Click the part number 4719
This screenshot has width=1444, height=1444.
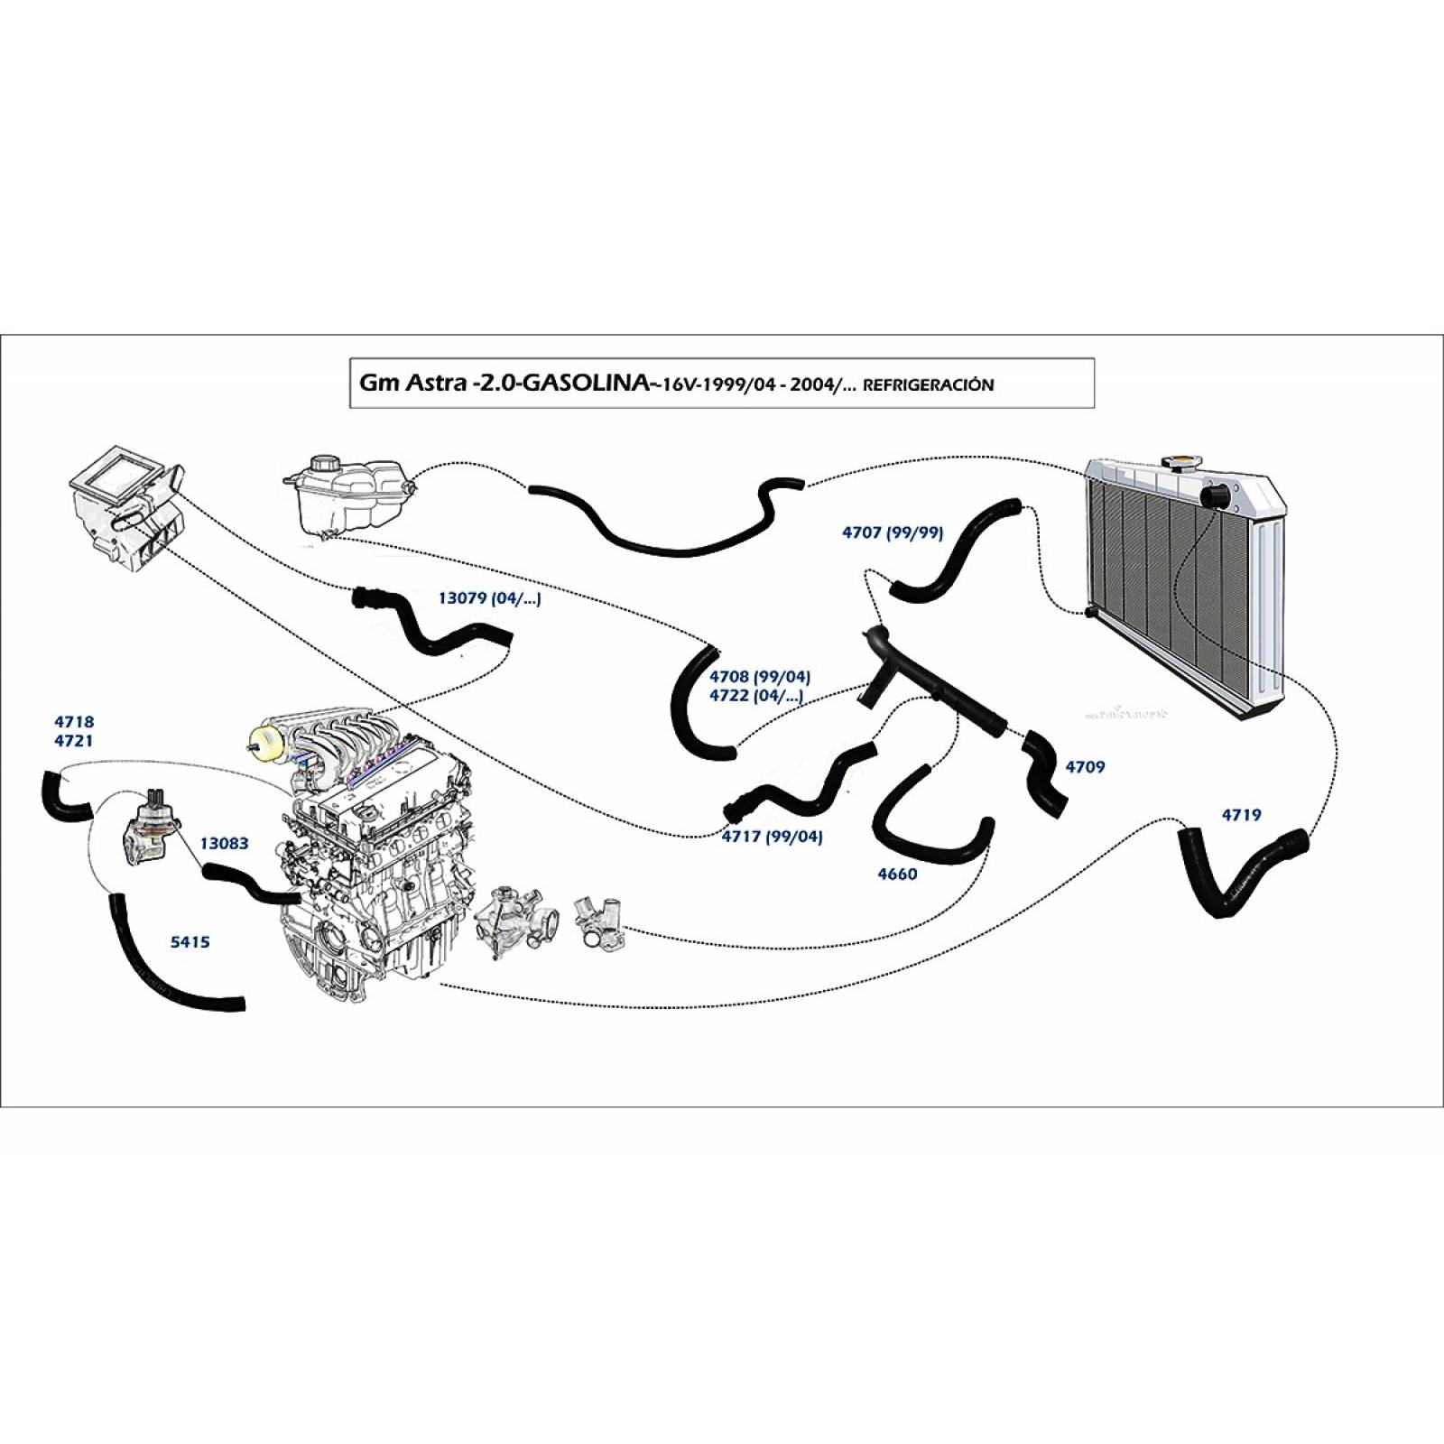tap(1241, 815)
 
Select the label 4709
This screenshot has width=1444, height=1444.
tap(1085, 767)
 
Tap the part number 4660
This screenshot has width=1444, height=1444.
tap(897, 874)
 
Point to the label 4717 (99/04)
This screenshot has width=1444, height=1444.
tap(772, 837)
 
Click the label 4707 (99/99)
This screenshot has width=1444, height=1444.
tap(892, 532)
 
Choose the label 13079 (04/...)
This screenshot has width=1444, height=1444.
tap(489, 598)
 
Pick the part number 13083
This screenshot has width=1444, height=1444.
tap(224, 844)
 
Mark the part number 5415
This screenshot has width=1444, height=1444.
tap(190, 942)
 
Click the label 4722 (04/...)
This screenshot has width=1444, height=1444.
tap(755, 696)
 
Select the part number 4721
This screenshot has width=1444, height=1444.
tap(73, 741)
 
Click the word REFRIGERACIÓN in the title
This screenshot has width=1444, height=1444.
tap(929, 384)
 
